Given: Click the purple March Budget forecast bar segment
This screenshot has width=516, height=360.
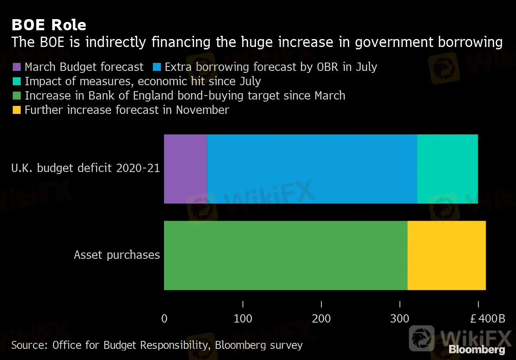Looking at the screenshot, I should tap(185, 169).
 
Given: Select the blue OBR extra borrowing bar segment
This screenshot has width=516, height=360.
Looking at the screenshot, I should tap(312, 169).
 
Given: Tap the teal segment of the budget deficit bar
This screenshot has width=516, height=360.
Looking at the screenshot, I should tap(447, 169).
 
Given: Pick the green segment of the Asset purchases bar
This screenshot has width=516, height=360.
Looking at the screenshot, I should tap(285, 255).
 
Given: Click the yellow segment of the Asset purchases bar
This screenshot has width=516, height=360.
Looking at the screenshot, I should tap(446, 255).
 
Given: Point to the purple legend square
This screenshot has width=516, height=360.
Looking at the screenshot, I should tap(17, 67).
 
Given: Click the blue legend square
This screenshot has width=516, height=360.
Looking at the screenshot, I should tap(157, 67).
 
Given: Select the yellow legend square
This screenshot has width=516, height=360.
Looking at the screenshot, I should tap(17, 110).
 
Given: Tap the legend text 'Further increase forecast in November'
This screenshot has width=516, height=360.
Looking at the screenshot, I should tap(127, 110).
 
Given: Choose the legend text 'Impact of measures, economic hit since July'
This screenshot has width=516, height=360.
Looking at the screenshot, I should tap(143, 81).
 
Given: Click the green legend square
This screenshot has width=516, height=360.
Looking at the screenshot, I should tap(17, 96).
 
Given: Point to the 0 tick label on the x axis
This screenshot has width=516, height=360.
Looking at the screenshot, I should tap(164, 319).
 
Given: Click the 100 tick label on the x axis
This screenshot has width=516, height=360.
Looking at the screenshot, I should tap(243, 319).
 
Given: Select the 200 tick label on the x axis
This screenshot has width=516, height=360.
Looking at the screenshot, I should tap(321, 319).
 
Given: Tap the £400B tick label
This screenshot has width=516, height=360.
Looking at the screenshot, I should tap(487, 319).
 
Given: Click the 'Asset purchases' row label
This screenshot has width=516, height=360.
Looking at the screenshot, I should tap(117, 255).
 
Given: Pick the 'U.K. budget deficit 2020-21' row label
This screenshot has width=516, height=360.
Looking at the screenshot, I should tap(85, 168).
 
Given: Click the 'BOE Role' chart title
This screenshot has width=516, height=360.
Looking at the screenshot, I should tap(49, 25).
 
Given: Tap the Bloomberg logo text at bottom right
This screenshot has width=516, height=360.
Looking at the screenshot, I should tap(477, 350).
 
